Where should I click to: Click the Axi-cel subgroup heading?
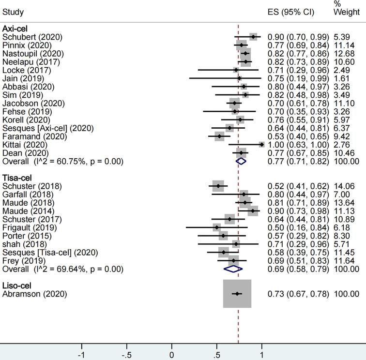coord(15,29)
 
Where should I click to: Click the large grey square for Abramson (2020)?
coord(237,294)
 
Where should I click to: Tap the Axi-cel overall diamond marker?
coord(241,161)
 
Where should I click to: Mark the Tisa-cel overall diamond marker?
coord(233,268)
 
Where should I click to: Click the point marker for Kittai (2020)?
coord(261,144)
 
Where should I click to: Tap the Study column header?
coord(13,12)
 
